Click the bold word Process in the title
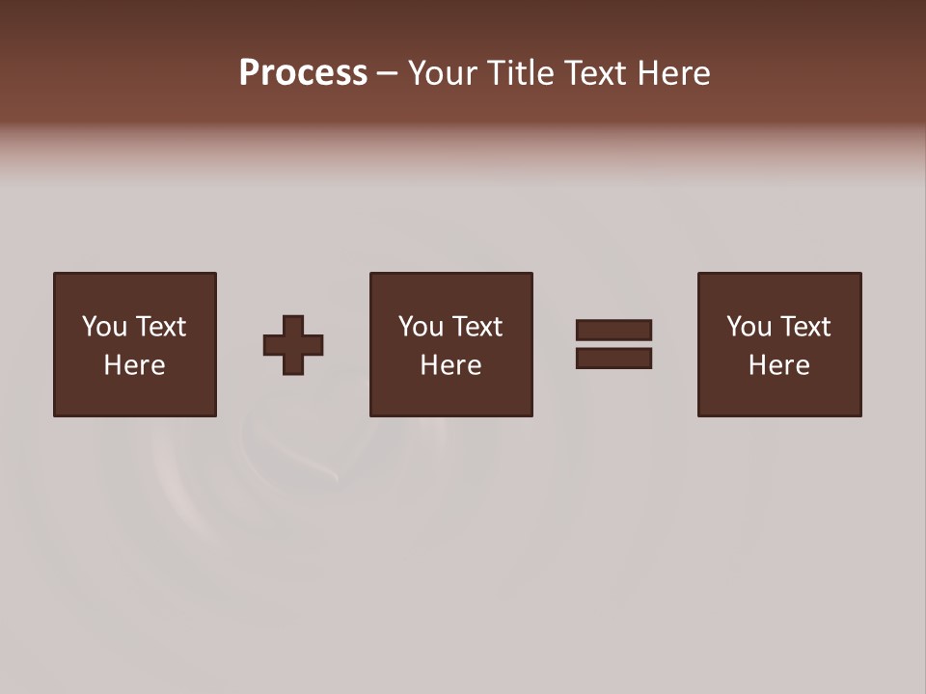[x=303, y=73]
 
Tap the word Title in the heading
[x=520, y=73]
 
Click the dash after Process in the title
[x=387, y=73]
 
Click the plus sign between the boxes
[x=293, y=344]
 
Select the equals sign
[x=613, y=344]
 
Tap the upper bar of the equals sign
[x=613, y=331]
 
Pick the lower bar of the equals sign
[x=613, y=358]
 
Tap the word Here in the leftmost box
[x=134, y=365]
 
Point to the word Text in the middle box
[x=477, y=327]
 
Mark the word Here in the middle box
[x=450, y=365]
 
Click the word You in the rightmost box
[x=749, y=327]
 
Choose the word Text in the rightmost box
[x=804, y=327]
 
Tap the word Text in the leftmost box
[x=160, y=327]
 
